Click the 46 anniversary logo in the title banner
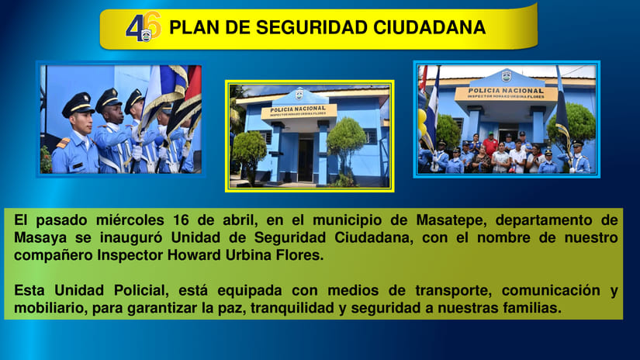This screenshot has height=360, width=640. [144, 27]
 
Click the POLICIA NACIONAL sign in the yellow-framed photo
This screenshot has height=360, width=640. [299, 111]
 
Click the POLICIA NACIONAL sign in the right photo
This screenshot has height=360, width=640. [506, 92]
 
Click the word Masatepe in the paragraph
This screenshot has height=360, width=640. [391, 220]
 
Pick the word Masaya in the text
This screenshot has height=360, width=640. [37, 237]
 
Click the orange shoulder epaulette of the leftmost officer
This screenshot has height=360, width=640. [62, 143]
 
